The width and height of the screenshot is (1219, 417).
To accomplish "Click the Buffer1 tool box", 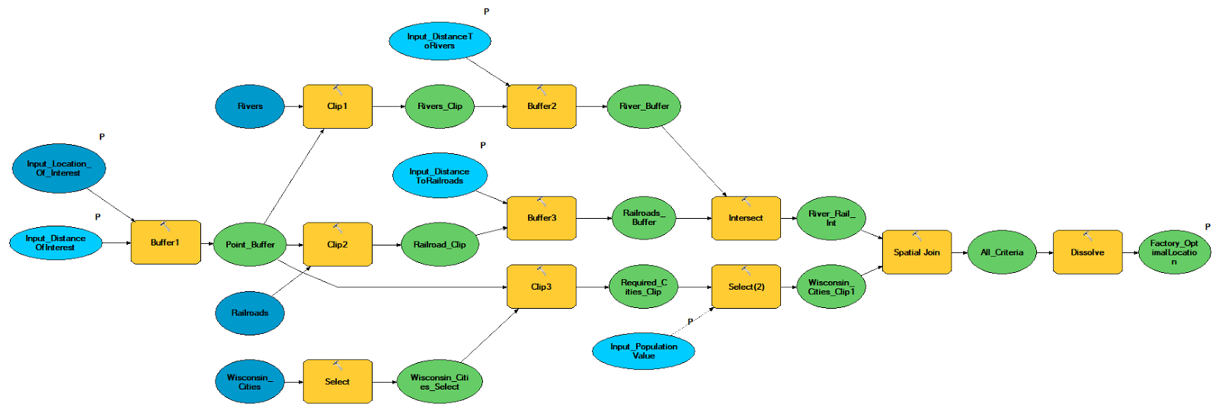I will tap(165, 243).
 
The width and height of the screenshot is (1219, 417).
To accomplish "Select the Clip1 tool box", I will tap(338, 107).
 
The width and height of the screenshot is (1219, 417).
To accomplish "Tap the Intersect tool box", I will tap(745, 218).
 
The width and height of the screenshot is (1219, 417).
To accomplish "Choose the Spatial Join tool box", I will tap(917, 252).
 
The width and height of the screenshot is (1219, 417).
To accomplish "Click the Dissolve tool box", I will tap(1087, 252).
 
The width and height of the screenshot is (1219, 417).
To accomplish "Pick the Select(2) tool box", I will tap(746, 287).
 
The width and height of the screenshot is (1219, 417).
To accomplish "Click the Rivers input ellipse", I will tap(250, 107).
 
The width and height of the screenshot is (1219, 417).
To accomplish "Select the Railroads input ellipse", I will tap(250, 313).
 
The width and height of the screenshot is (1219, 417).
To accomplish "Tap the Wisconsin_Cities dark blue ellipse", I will tap(250, 382).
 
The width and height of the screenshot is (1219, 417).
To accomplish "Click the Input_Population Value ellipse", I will tap(644, 351).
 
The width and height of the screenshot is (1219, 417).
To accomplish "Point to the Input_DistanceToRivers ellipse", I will tap(440, 41).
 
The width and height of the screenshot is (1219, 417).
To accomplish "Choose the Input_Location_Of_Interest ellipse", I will tap(59, 168).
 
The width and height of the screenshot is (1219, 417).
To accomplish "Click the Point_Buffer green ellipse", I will tap(250, 245).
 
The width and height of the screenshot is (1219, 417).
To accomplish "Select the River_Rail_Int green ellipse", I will tap(830, 218).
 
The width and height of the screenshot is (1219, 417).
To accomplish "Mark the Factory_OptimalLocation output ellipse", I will tap(1174, 252).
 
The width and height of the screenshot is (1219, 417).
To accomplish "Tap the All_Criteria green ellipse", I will tap(1002, 252).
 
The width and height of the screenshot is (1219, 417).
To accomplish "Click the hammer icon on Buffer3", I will tap(542, 202).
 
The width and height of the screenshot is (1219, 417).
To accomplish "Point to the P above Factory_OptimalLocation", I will tap(1208, 227).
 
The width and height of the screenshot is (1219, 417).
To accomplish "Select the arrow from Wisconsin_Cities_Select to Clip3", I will tap(489, 335).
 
